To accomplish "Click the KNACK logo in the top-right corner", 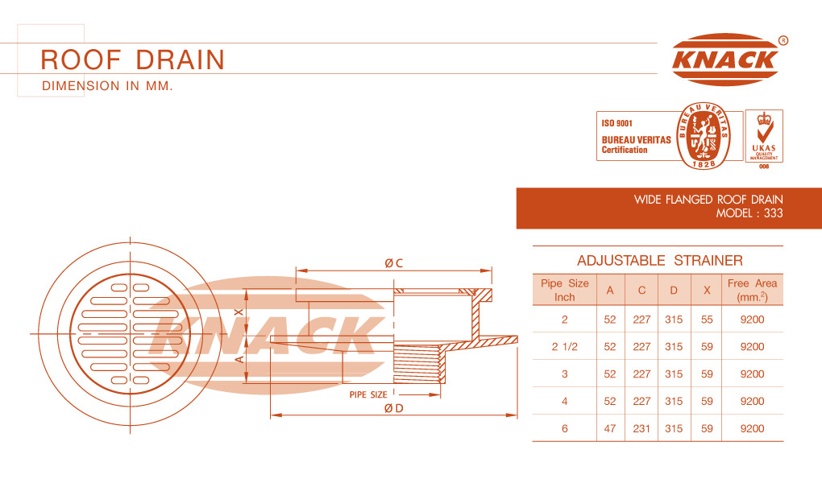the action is point(726,59).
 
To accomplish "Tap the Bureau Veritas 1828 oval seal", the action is point(703,136).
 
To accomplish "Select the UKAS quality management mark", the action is point(764,137).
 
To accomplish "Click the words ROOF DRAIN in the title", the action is point(133,60).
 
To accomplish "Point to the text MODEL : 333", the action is point(749,213).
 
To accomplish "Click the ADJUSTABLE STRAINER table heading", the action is point(659,260).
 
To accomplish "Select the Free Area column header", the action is point(752,290).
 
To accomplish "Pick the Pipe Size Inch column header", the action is point(565,290).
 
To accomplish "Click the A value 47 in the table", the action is point(610,428).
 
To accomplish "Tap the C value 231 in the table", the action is point(641,428).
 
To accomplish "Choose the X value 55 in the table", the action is point(707,320).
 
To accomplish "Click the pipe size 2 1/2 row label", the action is point(565,347).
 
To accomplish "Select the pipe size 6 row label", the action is point(565,428).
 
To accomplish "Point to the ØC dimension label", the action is point(394,263).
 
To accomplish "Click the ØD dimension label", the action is point(394,408).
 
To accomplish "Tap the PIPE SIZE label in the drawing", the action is point(368,394).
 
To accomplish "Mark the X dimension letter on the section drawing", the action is point(239,312).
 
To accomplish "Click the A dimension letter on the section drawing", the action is point(239,359).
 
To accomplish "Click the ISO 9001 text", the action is point(617,124).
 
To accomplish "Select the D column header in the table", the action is point(674,291).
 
